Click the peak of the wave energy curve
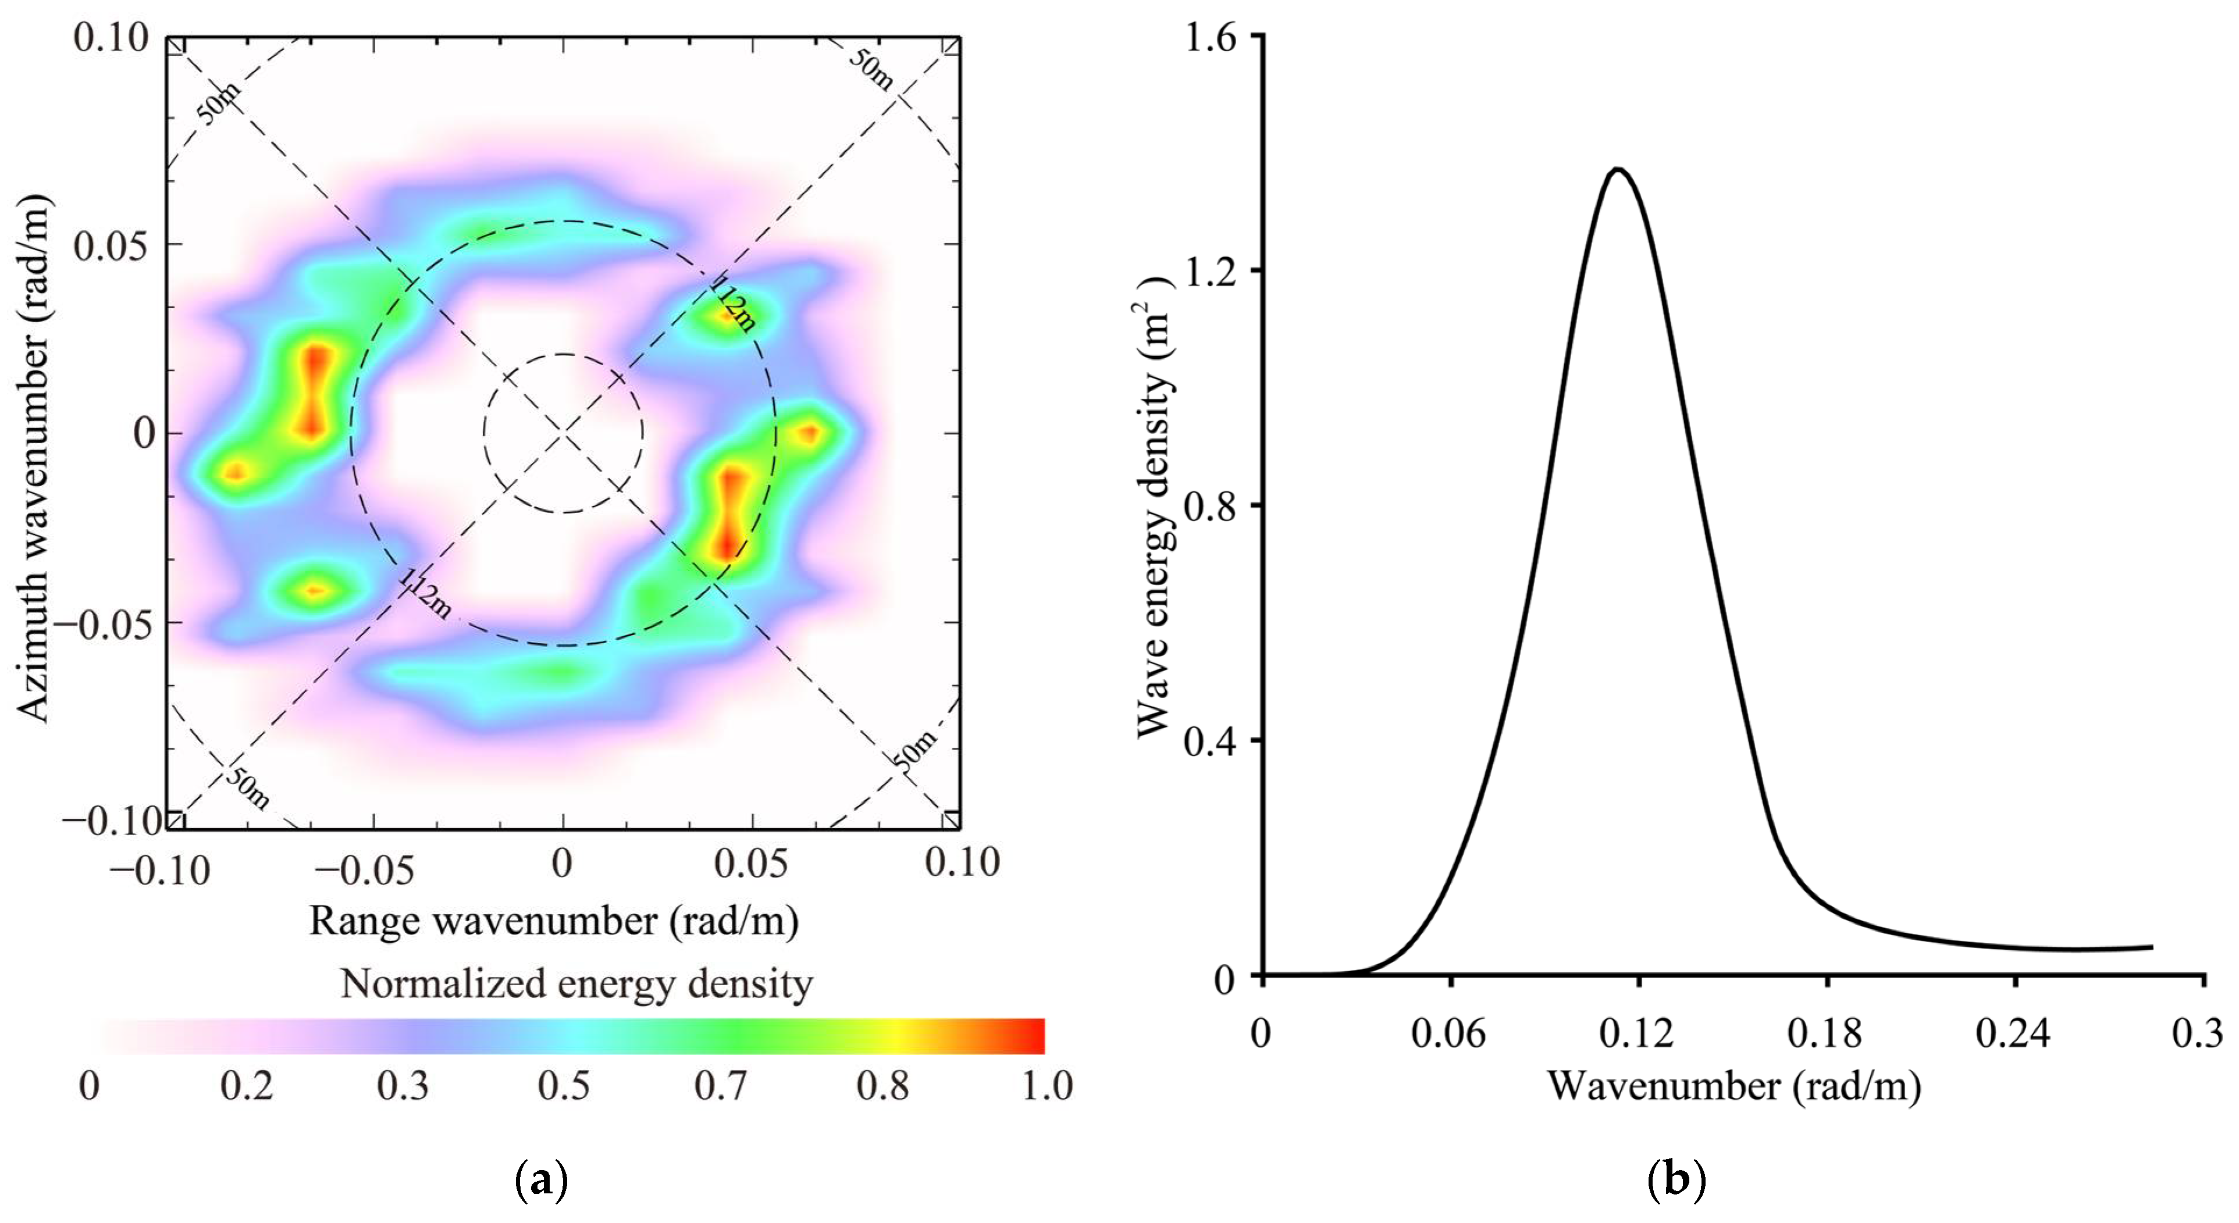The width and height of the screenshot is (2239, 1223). click(1618, 169)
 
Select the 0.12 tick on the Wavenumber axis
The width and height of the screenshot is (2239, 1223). click(1637, 1033)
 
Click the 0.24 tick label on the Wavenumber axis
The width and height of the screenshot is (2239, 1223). click(2013, 1033)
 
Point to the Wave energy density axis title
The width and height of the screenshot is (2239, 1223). click(1154, 508)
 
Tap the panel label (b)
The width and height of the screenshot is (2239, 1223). click(1676, 1181)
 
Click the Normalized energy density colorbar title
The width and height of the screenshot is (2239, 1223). click(576, 984)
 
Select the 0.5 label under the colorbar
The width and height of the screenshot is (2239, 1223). click(563, 1086)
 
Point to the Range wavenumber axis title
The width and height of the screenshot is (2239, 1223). click(554, 921)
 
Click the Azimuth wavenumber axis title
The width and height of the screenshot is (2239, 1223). click(35, 458)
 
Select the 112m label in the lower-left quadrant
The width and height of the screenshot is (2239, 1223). click(426, 594)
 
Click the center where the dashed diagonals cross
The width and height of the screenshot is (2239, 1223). click(563, 432)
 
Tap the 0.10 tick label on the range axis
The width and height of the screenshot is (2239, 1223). click(962, 862)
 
